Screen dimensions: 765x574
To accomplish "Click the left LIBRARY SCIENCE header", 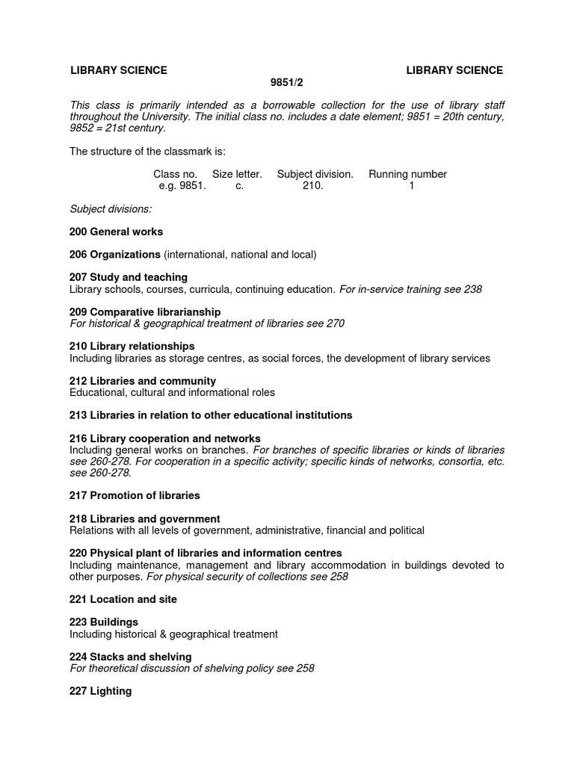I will (118, 70).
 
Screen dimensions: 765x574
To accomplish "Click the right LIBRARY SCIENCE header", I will (454, 70).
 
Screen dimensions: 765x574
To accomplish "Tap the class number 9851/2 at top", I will (286, 82).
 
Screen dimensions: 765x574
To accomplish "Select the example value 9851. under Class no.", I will (182, 186).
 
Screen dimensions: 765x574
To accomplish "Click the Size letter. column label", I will (237, 174).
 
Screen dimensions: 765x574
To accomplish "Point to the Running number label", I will (407, 174).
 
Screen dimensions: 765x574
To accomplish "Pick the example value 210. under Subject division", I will (313, 186).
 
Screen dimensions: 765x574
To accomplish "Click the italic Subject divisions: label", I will (111, 208).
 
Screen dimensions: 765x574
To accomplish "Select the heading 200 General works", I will (116, 232).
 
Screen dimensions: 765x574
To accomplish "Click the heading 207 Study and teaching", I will (129, 277).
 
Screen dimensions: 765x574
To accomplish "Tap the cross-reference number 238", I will (472, 289).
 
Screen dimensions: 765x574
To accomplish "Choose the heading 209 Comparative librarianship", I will (145, 312).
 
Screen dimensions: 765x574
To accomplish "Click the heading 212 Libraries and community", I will (143, 381).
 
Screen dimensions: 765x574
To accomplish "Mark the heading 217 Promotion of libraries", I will (135, 495).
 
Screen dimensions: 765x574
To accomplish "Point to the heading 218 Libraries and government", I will (144, 518).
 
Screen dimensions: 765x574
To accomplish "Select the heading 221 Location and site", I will (123, 599).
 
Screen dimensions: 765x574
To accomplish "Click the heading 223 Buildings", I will (104, 622).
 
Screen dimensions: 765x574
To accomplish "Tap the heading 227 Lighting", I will (101, 691).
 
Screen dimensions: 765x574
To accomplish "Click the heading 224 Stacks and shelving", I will (131, 657).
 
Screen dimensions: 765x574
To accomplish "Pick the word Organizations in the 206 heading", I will (126, 255).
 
